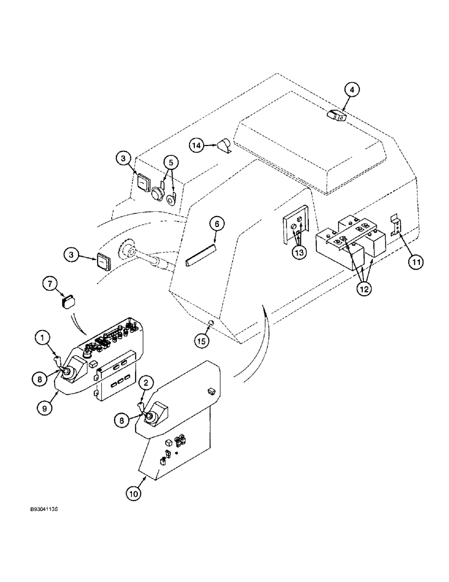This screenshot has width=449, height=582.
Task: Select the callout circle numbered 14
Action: (197, 144)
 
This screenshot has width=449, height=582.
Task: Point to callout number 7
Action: (49, 283)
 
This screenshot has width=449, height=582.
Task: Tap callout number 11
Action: (413, 263)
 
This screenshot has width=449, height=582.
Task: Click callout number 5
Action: (168, 163)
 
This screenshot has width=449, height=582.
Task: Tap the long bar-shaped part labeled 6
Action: (200, 256)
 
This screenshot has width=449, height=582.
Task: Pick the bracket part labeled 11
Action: (397, 225)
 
